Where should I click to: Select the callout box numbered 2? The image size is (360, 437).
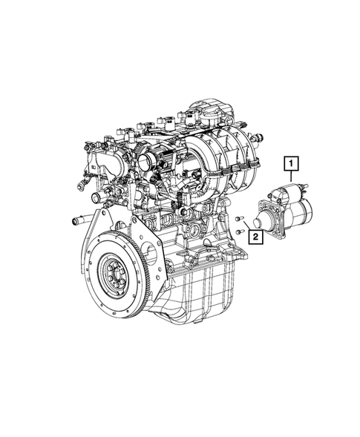pos(255,237)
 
